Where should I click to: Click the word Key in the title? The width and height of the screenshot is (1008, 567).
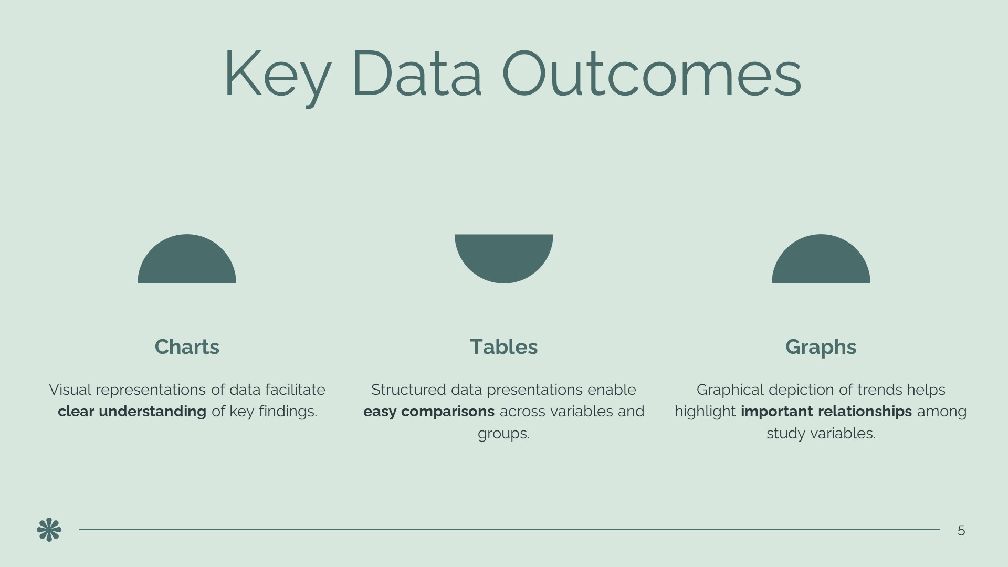click(x=278, y=76)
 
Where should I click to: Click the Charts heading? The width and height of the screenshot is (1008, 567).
click(x=187, y=347)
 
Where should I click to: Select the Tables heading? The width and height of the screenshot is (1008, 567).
click(x=504, y=347)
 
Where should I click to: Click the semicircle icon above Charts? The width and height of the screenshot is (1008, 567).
click(x=187, y=262)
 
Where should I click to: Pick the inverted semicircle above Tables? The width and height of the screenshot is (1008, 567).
click(x=504, y=256)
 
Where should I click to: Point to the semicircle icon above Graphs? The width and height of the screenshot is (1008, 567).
click(x=821, y=262)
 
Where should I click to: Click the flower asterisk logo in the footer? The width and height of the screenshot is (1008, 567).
click(x=49, y=530)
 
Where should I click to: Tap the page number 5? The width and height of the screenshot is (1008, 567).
click(x=961, y=531)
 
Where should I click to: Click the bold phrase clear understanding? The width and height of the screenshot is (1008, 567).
click(x=132, y=412)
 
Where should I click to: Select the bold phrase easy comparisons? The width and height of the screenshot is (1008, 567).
click(x=429, y=412)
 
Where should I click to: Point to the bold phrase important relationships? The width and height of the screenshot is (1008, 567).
click(x=826, y=412)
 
